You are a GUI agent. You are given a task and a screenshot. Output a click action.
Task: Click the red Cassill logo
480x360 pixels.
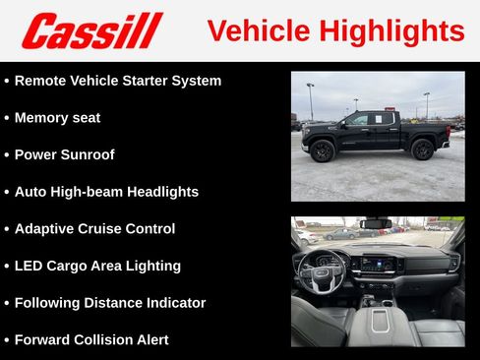tap(91, 30)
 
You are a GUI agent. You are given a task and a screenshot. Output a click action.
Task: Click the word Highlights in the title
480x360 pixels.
tap(398, 31)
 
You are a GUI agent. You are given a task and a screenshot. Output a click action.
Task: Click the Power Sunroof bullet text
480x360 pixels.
tap(65, 154)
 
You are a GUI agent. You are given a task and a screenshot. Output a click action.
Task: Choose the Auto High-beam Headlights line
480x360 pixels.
tap(106, 192)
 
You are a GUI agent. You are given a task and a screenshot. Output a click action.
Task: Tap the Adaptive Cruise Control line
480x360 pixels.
tap(94, 228)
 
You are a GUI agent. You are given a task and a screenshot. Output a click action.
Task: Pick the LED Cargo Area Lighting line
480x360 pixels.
tap(97, 266)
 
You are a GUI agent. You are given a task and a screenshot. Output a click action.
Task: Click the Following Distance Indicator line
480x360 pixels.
tap(110, 303)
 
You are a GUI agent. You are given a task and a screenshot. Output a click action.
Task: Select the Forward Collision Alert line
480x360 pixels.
tap(91, 339)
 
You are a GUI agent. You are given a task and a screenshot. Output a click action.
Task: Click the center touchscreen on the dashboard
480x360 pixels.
tap(379, 263)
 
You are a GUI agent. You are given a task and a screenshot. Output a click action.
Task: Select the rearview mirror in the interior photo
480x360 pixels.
tap(377, 223)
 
